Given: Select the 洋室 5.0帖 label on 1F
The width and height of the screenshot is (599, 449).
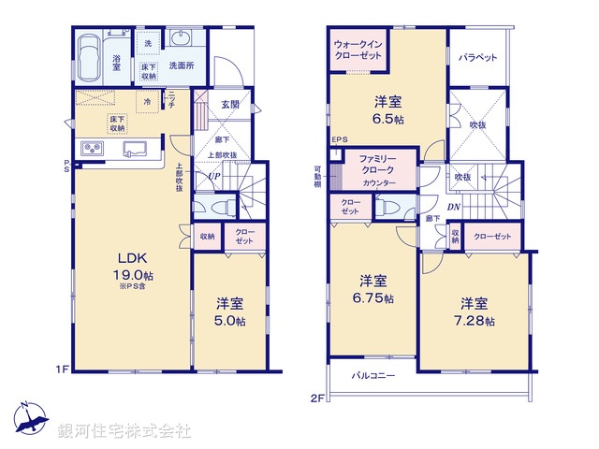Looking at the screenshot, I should point(229,312).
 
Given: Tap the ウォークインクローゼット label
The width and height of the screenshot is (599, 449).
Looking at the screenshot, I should point(358,51).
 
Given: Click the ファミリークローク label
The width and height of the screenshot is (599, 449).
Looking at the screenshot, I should point(378,166).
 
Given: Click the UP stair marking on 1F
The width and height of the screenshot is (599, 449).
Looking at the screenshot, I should point(214,176).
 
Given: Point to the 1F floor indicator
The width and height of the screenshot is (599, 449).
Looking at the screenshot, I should point(63,369).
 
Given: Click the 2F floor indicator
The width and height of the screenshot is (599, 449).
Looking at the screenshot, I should point(317,397).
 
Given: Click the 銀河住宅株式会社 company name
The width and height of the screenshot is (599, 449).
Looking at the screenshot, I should point(124,431).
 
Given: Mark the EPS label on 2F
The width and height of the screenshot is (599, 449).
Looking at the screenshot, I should point(339,142).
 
